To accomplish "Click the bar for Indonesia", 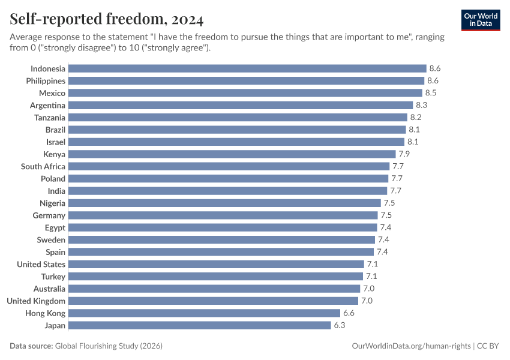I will [x=247, y=68].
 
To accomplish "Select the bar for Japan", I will [x=200, y=325].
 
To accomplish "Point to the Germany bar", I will [x=223, y=215].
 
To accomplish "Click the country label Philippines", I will [x=46, y=80].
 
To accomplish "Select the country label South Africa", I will [x=43, y=166].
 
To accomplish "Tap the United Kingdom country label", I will [x=36, y=301].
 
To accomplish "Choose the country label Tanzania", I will [x=50, y=118].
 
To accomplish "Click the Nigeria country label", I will [x=53, y=203].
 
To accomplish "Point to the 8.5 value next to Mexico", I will [x=430, y=93].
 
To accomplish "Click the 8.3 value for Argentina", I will [x=421, y=105].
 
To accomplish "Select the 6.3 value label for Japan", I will [x=339, y=325].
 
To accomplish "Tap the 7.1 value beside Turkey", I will [x=372, y=277].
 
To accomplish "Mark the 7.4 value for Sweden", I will [x=383, y=239].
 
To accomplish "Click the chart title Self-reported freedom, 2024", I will [x=107, y=20].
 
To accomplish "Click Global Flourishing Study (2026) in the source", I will [x=109, y=346].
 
